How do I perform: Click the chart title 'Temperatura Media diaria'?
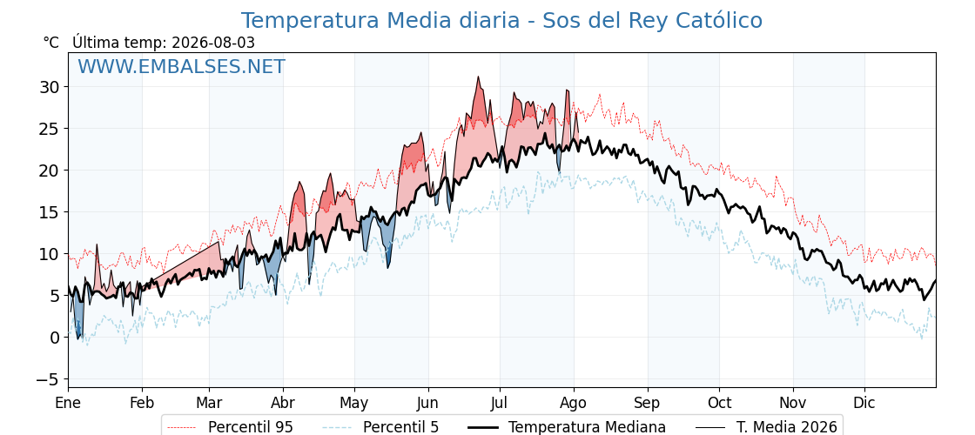click(380, 21)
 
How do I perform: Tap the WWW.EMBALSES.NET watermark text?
click(182, 66)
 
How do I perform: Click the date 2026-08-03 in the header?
click(213, 43)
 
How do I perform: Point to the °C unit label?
click(51, 43)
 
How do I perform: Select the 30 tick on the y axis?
click(51, 87)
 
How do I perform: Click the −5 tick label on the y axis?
click(48, 379)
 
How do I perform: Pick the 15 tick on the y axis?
click(51, 212)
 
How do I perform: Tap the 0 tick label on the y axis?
click(56, 338)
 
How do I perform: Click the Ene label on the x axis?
click(69, 403)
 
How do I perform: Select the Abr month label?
click(283, 403)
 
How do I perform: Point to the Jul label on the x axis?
click(500, 403)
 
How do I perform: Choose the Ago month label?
click(574, 404)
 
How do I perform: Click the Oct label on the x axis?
click(719, 403)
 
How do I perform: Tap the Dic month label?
click(864, 403)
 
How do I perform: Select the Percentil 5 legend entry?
click(381, 427)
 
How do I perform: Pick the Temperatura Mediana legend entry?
click(565, 427)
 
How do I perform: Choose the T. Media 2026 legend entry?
click(766, 427)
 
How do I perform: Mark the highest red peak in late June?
click(478, 77)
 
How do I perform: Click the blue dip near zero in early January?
click(78, 338)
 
